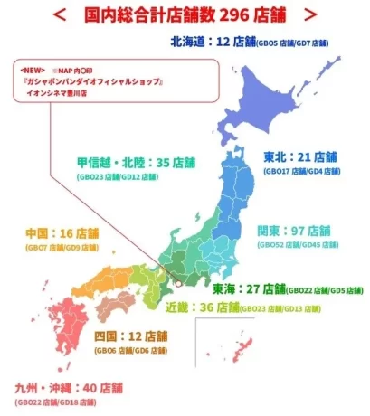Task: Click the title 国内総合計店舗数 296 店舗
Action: click(185, 14)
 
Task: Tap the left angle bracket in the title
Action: click(59, 14)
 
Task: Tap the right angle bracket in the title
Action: click(310, 14)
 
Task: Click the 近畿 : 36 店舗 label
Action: click(206, 307)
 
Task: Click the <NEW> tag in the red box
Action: click(33, 69)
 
